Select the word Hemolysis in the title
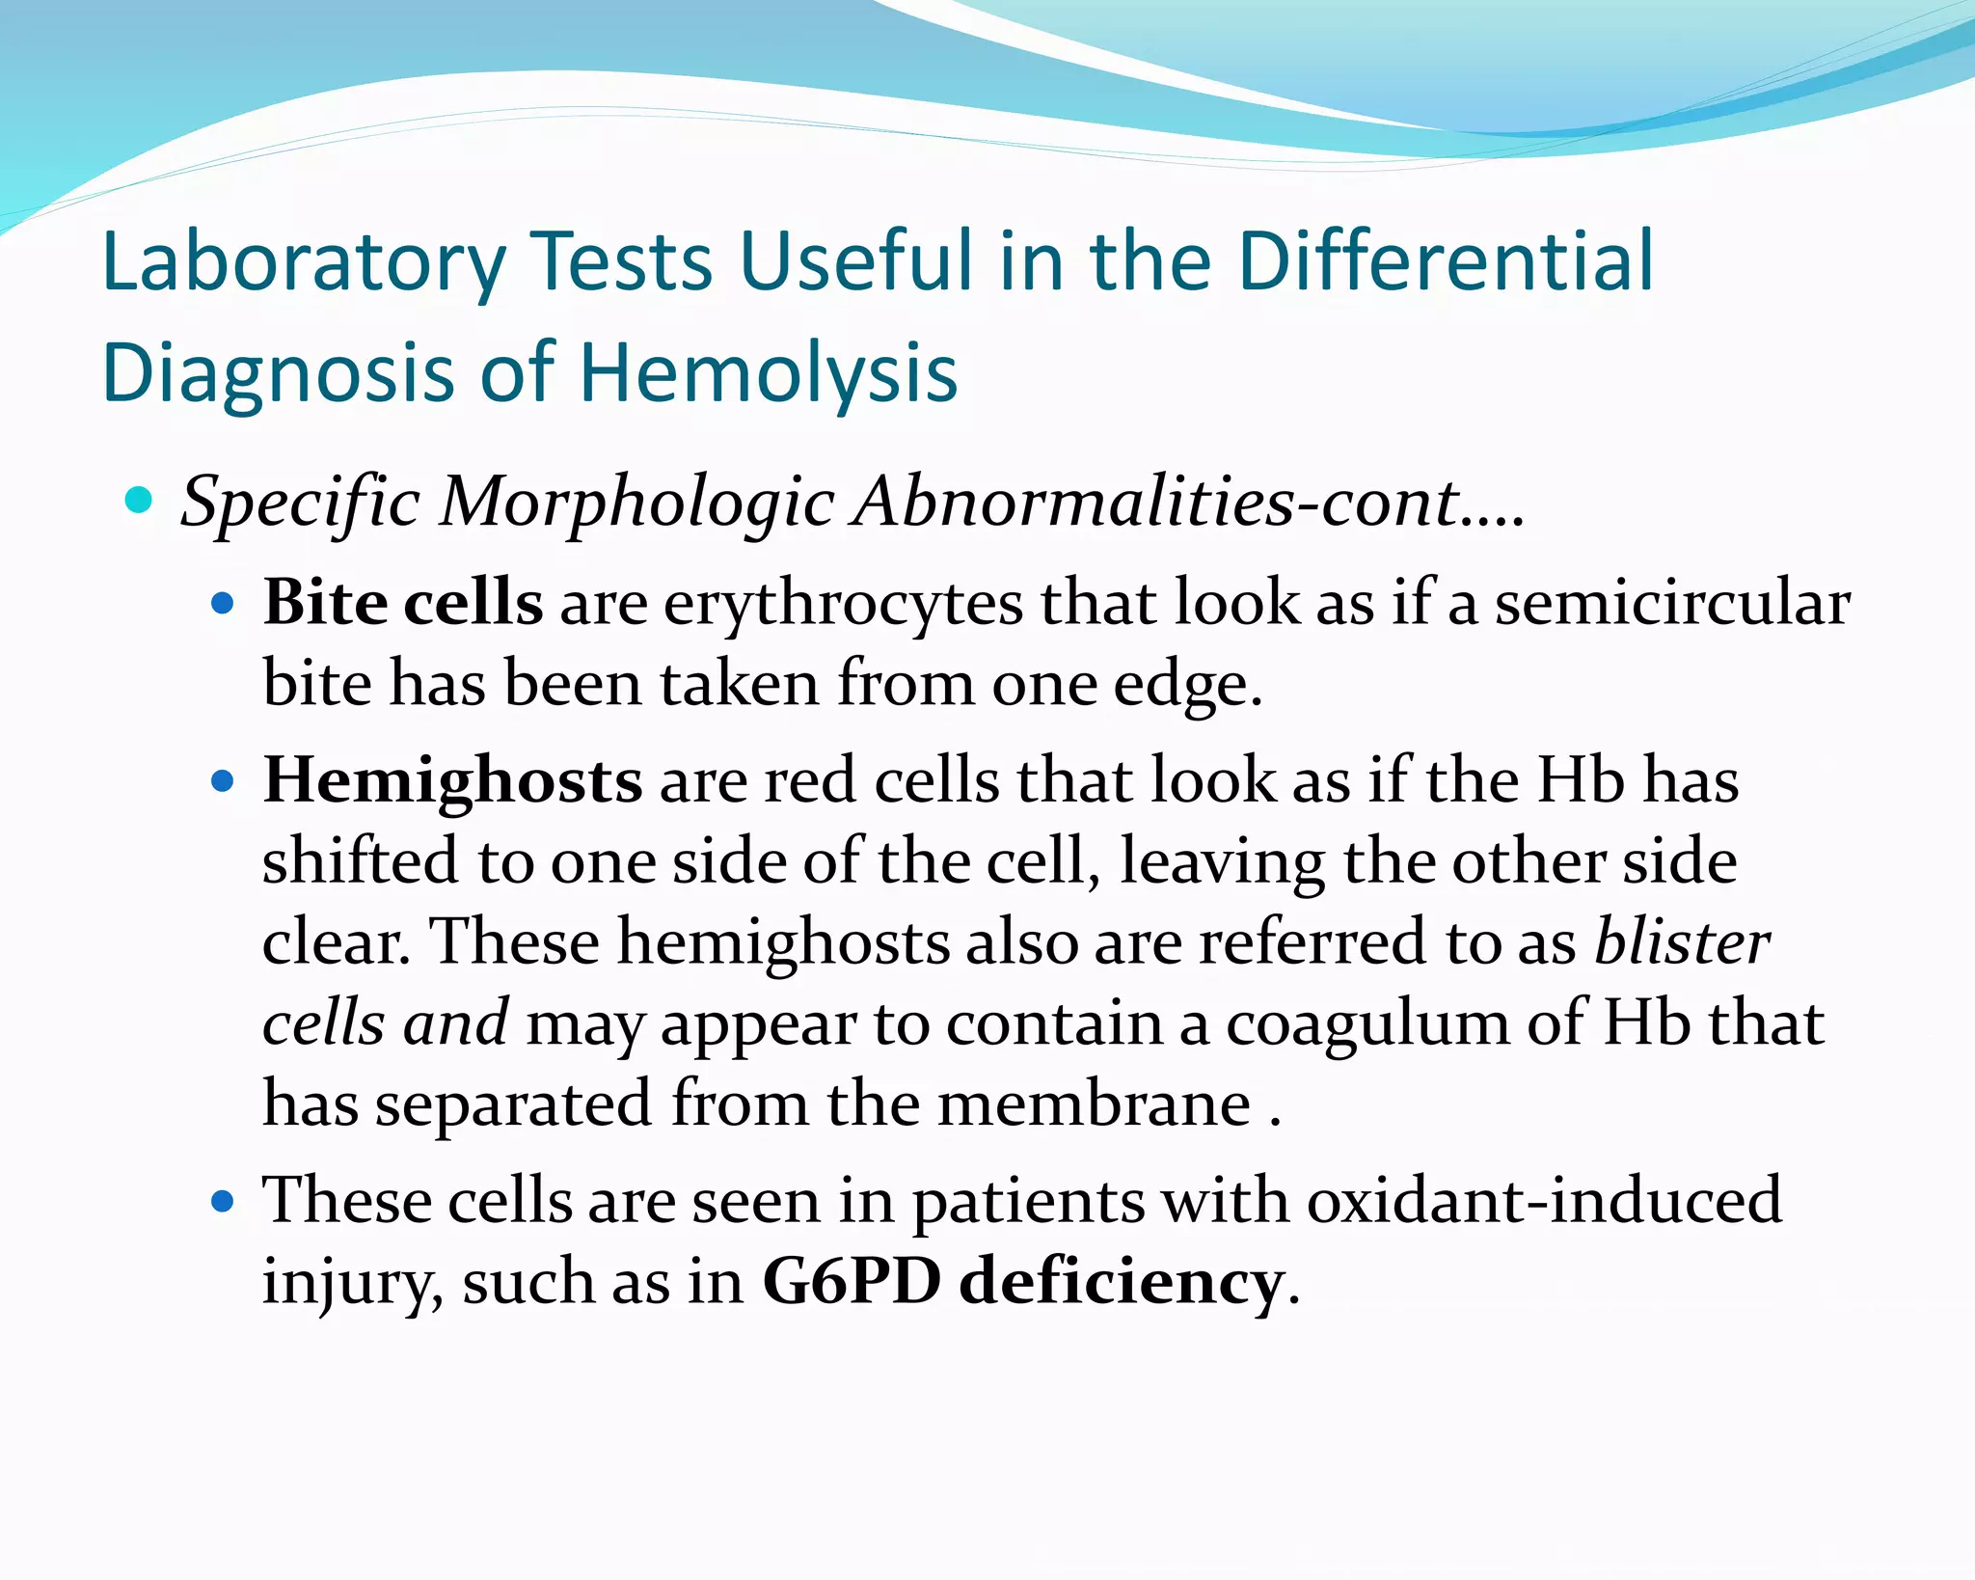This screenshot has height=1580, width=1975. [768, 373]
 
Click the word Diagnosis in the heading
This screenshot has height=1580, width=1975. [278, 373]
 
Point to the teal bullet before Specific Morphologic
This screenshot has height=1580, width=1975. [139, 501]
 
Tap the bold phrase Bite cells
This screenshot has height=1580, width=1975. [402, 603]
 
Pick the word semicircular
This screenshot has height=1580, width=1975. [1672, 603]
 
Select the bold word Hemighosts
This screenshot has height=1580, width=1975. [452, 780]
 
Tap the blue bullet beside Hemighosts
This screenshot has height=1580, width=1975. [223, 780]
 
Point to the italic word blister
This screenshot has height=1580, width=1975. [1682, 941]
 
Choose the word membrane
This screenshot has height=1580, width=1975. [1095, 1104]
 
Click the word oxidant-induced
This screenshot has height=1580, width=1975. [1544, 1202]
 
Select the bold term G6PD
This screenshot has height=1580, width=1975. [851, 1282]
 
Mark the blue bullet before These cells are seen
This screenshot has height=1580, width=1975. [223, 1202]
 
